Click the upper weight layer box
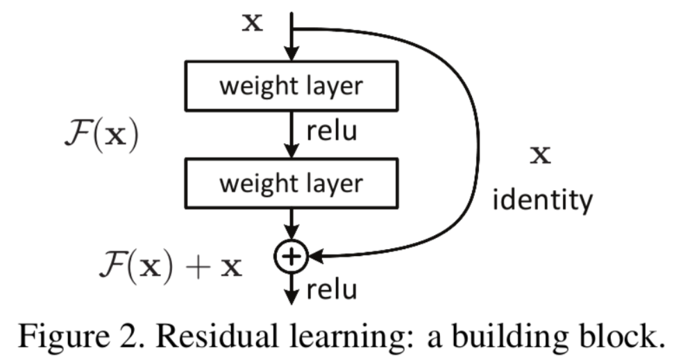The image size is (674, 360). pos(291,86)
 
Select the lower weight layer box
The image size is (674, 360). pos(291,183)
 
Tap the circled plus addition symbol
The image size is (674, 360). pos(291,257)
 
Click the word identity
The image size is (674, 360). pos(543,200)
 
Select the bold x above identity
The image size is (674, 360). pos(541,155)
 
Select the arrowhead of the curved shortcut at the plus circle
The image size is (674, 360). pos(314,257)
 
